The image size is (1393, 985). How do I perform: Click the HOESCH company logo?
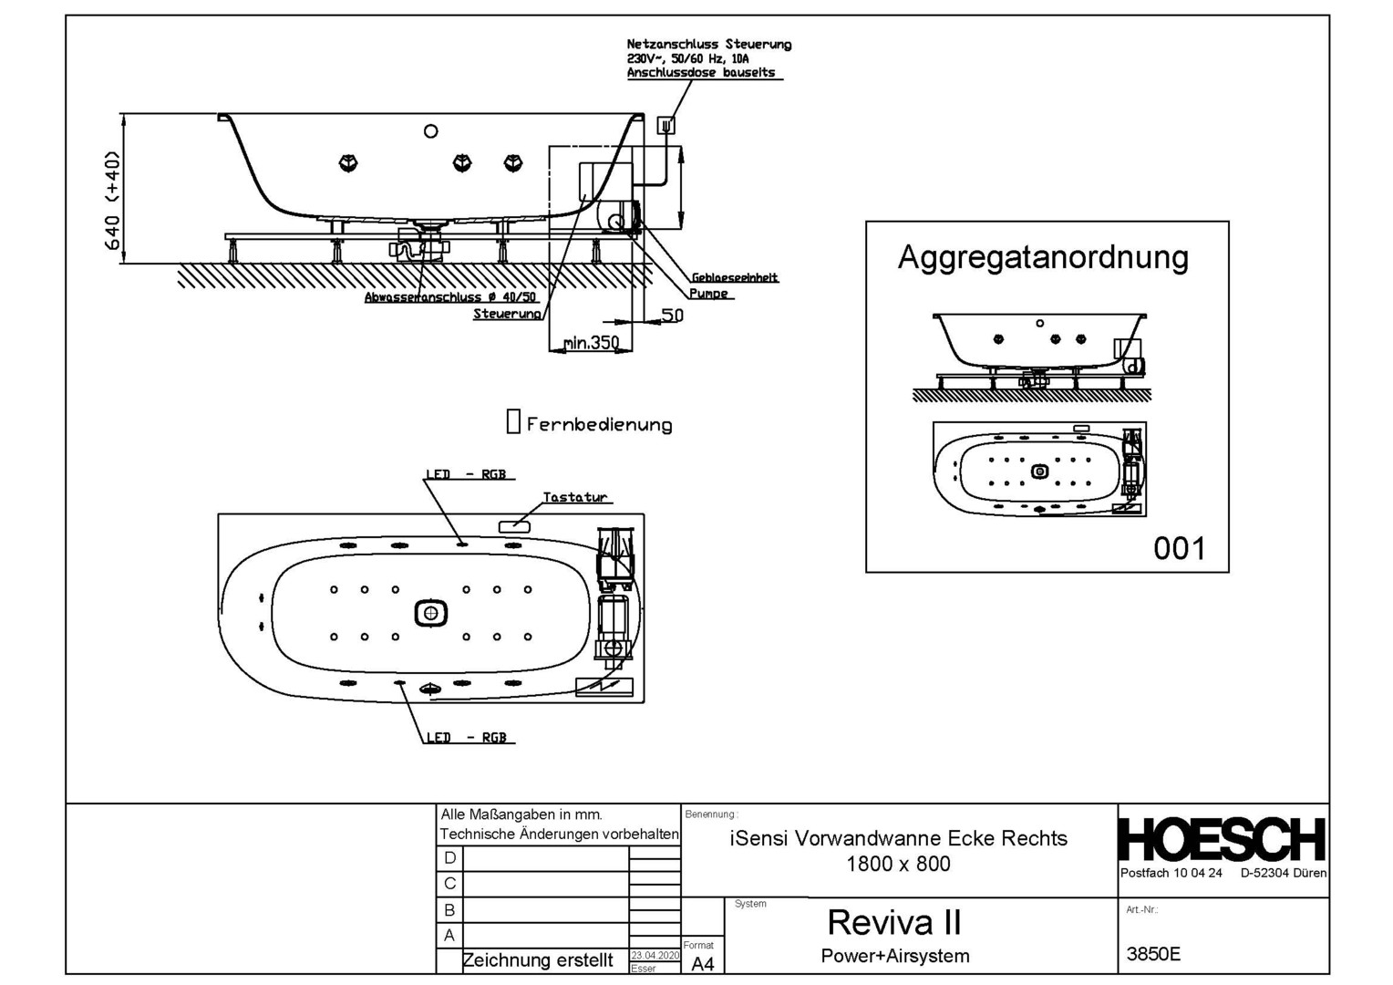(x=1222, y=839)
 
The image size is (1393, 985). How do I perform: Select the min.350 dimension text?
(x=591, y=343)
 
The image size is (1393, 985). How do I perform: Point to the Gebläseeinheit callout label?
(x=734, y=277)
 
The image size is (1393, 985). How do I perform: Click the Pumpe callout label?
(x=708, y=294)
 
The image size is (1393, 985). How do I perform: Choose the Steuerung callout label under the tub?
(x=507, y=314)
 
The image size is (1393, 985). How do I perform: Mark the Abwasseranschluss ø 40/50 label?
(x=450, y=297)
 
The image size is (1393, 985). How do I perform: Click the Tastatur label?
(x=574, y=497)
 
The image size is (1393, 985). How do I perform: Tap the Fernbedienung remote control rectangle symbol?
(x=513, y=421)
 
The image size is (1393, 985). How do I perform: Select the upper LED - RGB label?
(x=465, y=474)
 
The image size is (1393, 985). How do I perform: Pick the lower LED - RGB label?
(x=466, y=737)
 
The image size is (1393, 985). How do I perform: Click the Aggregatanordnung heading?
(x=1043, y=257)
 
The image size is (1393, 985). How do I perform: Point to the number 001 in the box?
(x=1179, y=548)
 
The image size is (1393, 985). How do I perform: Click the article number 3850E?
(x=1153, y=954)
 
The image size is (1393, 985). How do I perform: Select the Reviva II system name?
(x=893, y=923)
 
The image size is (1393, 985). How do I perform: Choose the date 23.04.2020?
(x=655, y=955)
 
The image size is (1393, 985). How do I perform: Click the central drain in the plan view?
(x=430, y=613)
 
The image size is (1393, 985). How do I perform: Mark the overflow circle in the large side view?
(x=430, y=131)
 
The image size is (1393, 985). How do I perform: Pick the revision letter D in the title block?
(x=449, y=858)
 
